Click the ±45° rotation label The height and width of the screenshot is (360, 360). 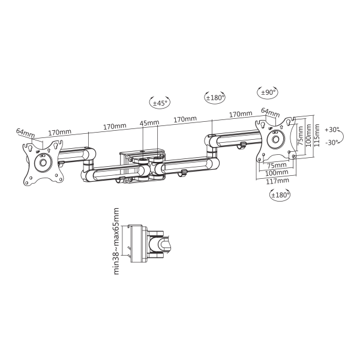[160, 103]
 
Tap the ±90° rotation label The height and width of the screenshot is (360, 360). [268, 92]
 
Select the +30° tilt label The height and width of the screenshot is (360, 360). [332, 130]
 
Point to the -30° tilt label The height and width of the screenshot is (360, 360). [332, 143]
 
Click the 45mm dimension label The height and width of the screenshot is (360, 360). [149, 122]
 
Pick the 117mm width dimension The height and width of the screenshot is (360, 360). [277, 181]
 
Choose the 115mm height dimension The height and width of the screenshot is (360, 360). [317, 136]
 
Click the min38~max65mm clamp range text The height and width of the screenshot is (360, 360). [116, 241]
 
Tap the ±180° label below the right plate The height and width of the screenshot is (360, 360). [280, 195]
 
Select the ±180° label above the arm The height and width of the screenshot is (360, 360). [215, 98]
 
